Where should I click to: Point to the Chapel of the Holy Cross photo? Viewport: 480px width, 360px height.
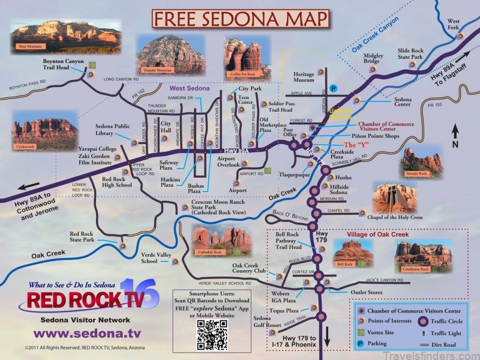click(394, 199)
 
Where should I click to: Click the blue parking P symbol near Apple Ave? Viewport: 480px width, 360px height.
click(334, 88)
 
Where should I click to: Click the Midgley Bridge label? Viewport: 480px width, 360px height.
click(373, 58)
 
